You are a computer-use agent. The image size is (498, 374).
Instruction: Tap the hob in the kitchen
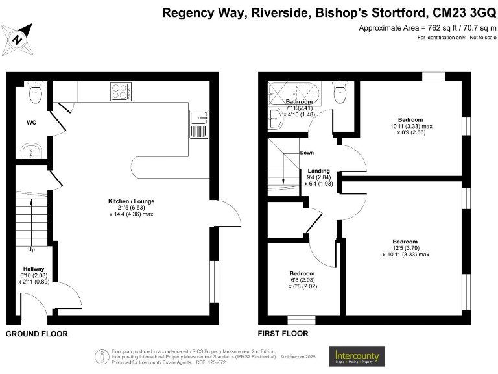coord(121,92)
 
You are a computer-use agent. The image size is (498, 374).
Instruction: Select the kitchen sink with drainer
coord(198,124)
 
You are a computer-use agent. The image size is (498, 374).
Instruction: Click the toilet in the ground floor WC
coord(35,93)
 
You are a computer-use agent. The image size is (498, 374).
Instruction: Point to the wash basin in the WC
coord(30,152)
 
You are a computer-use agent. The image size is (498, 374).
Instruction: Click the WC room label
coord(32,122)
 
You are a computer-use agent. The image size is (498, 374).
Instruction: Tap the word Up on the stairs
coord(30,249)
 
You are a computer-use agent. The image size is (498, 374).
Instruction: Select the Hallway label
coord(34,269)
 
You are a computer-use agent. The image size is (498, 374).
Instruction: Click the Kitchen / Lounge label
coord(131,201)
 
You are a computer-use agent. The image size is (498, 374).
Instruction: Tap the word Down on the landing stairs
coord(307,153)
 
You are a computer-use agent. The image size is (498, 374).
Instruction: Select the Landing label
coord(318,171)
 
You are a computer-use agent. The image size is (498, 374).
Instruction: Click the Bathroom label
coord(300,102)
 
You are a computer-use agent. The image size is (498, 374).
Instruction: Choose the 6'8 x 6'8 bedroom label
coord(302,273)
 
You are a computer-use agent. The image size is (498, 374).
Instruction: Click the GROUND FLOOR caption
coord(37,334)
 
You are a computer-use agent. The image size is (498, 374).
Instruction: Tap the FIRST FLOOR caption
coord(283,334)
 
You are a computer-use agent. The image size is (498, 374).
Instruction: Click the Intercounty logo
coord(357,356)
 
